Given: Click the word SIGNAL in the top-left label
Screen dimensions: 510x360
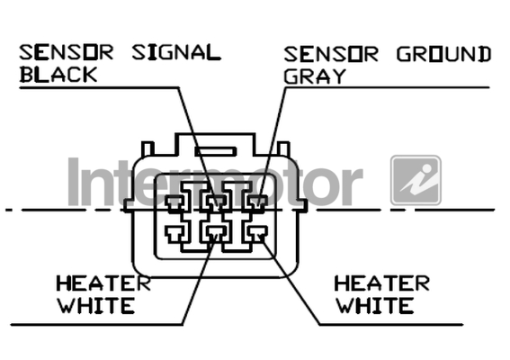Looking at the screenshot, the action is [176, 53].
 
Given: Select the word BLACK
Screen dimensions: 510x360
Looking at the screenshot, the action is [58, 75].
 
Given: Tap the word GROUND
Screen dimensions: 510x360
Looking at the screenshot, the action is [443, 54].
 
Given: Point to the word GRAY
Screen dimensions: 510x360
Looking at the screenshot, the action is [315, 76].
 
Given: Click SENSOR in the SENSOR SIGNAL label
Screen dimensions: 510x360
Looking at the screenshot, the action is [67, 53].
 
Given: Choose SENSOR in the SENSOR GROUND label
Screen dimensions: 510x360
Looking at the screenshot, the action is [331, 54].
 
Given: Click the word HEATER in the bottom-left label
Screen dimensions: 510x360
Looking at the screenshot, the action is [103, 283].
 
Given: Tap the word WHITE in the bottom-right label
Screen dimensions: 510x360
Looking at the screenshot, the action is [375, 306].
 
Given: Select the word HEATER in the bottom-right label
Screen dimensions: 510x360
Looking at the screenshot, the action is [382, 283].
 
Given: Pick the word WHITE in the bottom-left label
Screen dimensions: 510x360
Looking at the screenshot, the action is [96, 306].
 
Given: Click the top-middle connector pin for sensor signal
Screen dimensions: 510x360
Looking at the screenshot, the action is [216, 202].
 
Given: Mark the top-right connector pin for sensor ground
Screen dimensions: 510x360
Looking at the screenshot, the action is [258, 202].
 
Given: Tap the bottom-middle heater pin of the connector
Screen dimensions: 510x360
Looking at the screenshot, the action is [214, 233].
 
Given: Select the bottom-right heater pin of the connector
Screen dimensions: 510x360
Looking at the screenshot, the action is [258, 232].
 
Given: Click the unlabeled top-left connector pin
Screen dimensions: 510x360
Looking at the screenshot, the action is [175, 202].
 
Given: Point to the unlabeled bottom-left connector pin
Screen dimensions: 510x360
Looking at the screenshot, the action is [175, 233].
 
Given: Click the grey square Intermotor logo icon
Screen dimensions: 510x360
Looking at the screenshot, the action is [416, 180].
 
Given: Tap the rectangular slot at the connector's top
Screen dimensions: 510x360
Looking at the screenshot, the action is [216, 151].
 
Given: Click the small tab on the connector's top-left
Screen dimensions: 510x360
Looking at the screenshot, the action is [148, 148].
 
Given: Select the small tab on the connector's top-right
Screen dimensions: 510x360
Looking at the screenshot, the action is [283, 148].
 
